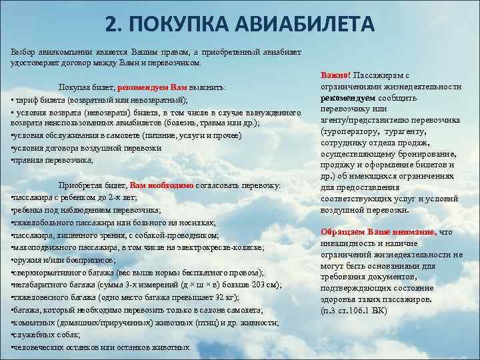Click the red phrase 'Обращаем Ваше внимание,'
coord(378,232)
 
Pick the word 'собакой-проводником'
coord(183,235)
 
